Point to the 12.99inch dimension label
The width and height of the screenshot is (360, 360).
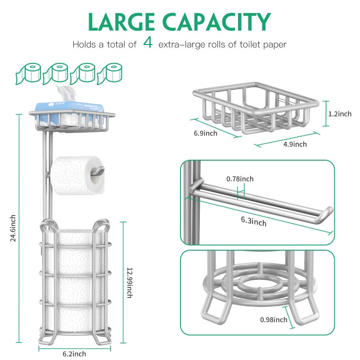click(x=129, y=282)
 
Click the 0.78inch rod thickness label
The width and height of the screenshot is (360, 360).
click(x=240, y=179)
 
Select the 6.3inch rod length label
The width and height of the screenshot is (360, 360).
click(x=253, y=221)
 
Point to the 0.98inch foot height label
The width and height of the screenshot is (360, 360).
click(x=274, y=320)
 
